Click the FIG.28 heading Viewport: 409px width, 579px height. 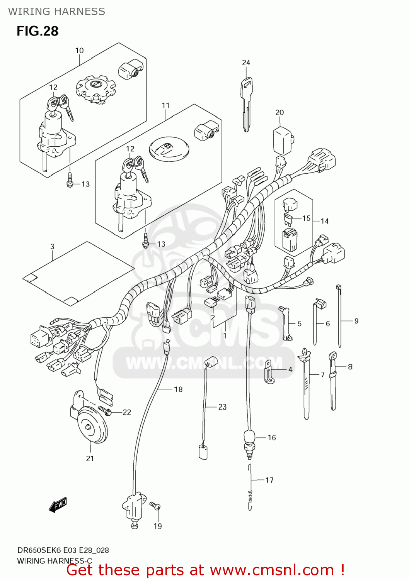tap(37, 31)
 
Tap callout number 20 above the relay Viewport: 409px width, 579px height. tap(279, 112)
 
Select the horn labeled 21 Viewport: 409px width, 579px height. tap(92, 425)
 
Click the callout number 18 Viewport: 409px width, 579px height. tap(178, 389)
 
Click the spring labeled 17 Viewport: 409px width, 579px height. tap(250, 488)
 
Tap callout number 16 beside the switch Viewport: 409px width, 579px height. tap(272, 437)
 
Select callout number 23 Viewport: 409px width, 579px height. tap(222, 407)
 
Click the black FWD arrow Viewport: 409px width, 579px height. tap(58, 505)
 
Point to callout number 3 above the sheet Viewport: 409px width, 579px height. tap(52, 246)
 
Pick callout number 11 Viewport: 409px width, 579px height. tap(165, 105)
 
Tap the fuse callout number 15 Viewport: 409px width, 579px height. tap(306, 218)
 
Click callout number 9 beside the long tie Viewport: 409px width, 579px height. tap(356, 321)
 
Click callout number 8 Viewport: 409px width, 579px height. tap(350, 367)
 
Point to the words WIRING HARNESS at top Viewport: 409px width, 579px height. tap(56, 12)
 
